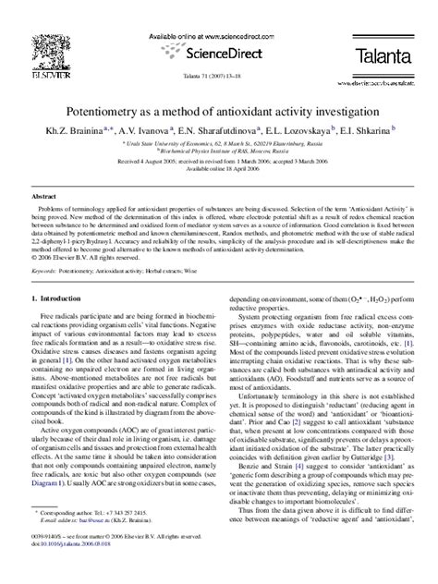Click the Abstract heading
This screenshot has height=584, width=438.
(44, 198)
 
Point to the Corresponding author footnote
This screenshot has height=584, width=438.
(88, 536)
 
